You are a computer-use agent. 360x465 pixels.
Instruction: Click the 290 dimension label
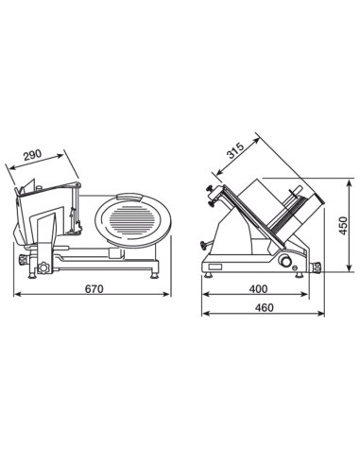pyautogui.click(x=32, y=155)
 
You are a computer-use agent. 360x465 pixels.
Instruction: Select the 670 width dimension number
pyautogui.click(x=94, y=288)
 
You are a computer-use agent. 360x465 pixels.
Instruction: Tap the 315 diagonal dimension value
pyautogui.click(x=235, y=150)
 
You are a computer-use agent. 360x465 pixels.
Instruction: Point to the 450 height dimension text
pyautogui.click(x=343, y=226)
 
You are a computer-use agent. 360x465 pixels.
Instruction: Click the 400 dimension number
pyautogui.click(x=258, y=288)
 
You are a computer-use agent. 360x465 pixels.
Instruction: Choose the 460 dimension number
pyautogui.click(x=264, y=307)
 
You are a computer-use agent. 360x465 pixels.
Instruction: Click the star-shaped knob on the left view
pyautogui.click(x=43, y=267)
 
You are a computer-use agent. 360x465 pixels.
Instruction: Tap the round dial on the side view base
pyautogui.click(x=286, y=261)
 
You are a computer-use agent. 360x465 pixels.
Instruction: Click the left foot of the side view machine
pyautogui.click(x=208, y=275)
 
